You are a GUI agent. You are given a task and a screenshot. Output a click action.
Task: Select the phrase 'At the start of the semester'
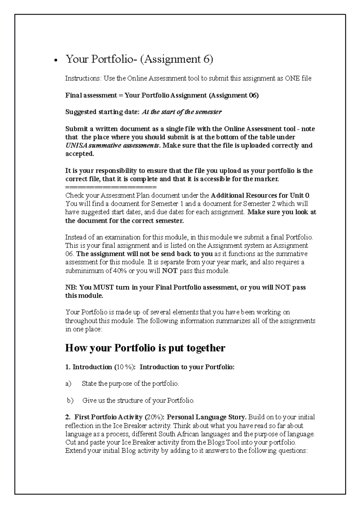(181, 112)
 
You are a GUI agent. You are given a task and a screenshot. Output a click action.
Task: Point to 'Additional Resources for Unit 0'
(260, 196)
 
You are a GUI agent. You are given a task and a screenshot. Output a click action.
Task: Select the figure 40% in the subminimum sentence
(119, 271)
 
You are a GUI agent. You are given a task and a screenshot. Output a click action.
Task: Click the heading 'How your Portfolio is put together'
(145, 348)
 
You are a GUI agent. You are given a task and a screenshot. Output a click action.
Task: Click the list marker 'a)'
(68, 384)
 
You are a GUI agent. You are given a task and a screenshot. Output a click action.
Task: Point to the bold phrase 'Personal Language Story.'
(207, 417)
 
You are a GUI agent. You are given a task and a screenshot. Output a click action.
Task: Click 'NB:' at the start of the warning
(71, 287)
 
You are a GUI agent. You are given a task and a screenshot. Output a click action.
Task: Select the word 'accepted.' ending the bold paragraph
(79, 154)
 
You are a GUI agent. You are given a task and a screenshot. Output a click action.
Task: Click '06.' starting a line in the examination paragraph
(70, 254)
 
